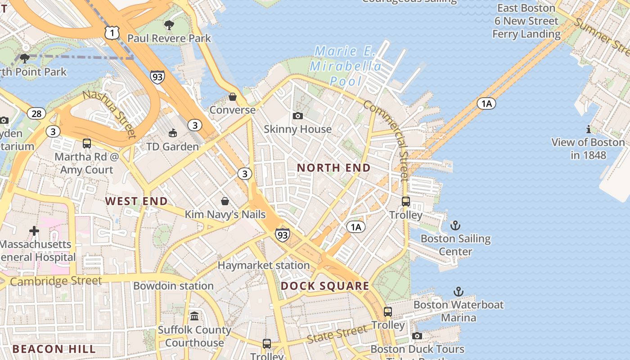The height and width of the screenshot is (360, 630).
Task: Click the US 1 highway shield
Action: pyautogui.click(x=112, y=32)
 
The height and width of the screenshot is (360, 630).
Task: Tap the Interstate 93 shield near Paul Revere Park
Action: pyautogui.click(x=157, y=77)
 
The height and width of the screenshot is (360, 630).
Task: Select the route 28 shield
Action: pyautogui.click(x=36, y=113)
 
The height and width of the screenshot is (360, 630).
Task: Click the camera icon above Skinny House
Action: pyautogui.click(x=297, y=116)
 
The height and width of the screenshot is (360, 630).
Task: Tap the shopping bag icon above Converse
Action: pyautogui.click(x=233, y=97)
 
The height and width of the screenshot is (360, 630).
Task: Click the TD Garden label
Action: pyautogui.click(x=172, y=147)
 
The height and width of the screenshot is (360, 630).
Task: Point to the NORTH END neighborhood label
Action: pyautogui.click(x=334, y=168)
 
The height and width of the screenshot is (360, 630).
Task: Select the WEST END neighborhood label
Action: pyautogui.click(x=136, y=201)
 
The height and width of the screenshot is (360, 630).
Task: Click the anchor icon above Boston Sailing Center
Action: pyautogui.click(x=455, y=225)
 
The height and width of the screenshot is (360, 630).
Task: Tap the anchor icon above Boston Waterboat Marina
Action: pyautogui.click(x=458, y=292)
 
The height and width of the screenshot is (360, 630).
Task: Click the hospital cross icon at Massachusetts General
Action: pyautogui.click(x=34, y=231)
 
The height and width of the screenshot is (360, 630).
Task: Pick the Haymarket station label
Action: pyautogui.click(x=264, y=265)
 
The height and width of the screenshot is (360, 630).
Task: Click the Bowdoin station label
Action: pyautogui.click(x=173, y=286)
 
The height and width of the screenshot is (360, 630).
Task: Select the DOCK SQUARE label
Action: pyautogui.click(x=325, y=286)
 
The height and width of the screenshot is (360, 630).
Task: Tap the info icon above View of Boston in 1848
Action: pyautogui.click(x=588, y=130)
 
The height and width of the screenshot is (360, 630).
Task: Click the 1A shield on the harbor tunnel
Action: pyautogui.click(x=486, y=104)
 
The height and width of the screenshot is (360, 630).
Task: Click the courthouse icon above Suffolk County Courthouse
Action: pyautogui.click(x=194, y=316)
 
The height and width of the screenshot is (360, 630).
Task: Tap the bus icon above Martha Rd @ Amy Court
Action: pyautogui.click(x=87, y=144)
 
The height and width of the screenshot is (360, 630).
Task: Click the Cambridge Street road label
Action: pyautogui.click(x=56, y=281)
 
